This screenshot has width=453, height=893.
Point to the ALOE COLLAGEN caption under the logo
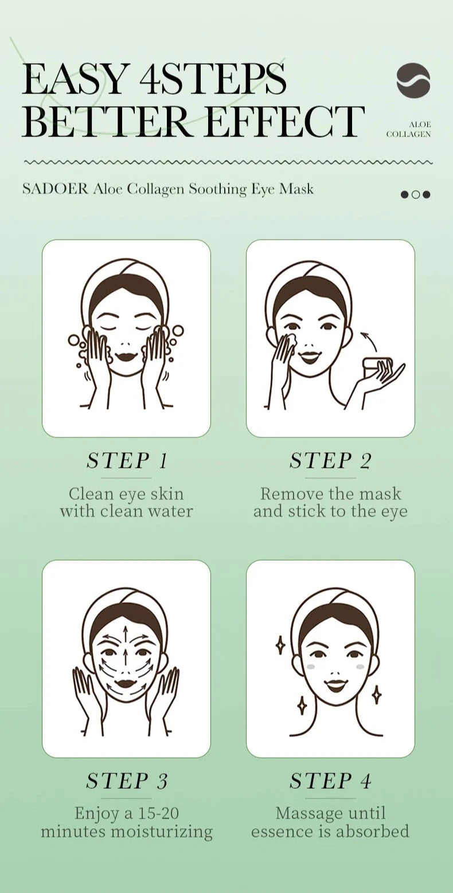pyautogui.click(x=409, y=130)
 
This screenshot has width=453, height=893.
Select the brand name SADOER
pyautogui.click(x=55, y=189)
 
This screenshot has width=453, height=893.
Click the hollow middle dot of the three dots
pyautogui.click(x=416, y=194)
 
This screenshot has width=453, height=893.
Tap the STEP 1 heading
pyautogui.click(x=127, y=460)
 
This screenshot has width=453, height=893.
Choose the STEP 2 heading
pyautogui.click(x=331, y=460)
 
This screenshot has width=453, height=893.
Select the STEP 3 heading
pyautogui.click(x=127, y=781)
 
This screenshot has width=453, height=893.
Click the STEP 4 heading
pyautogui.click(x=331, y=781)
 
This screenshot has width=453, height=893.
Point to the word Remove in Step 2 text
pyautogui.click(x=291, y=494)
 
